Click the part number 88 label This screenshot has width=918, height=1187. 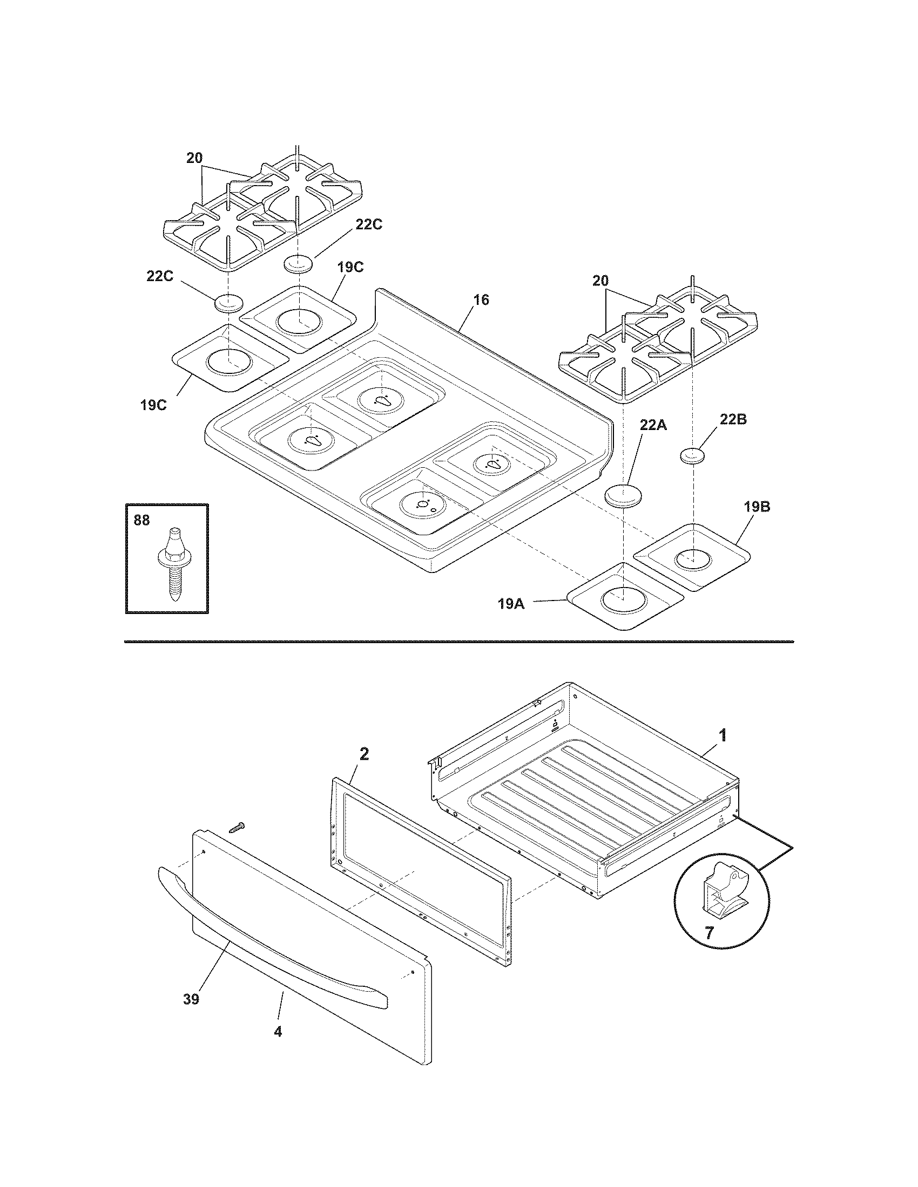click(141, 520)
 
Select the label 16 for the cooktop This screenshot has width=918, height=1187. click(481, 299)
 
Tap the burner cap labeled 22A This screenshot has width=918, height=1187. click(624, 496)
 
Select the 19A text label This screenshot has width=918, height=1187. click(511, 603)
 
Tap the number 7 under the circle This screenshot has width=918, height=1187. click(708, 934)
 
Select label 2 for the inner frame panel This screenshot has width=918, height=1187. click(364, 754)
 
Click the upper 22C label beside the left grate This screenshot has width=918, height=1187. click(369, 224)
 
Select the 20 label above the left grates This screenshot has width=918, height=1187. click(194, 158)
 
